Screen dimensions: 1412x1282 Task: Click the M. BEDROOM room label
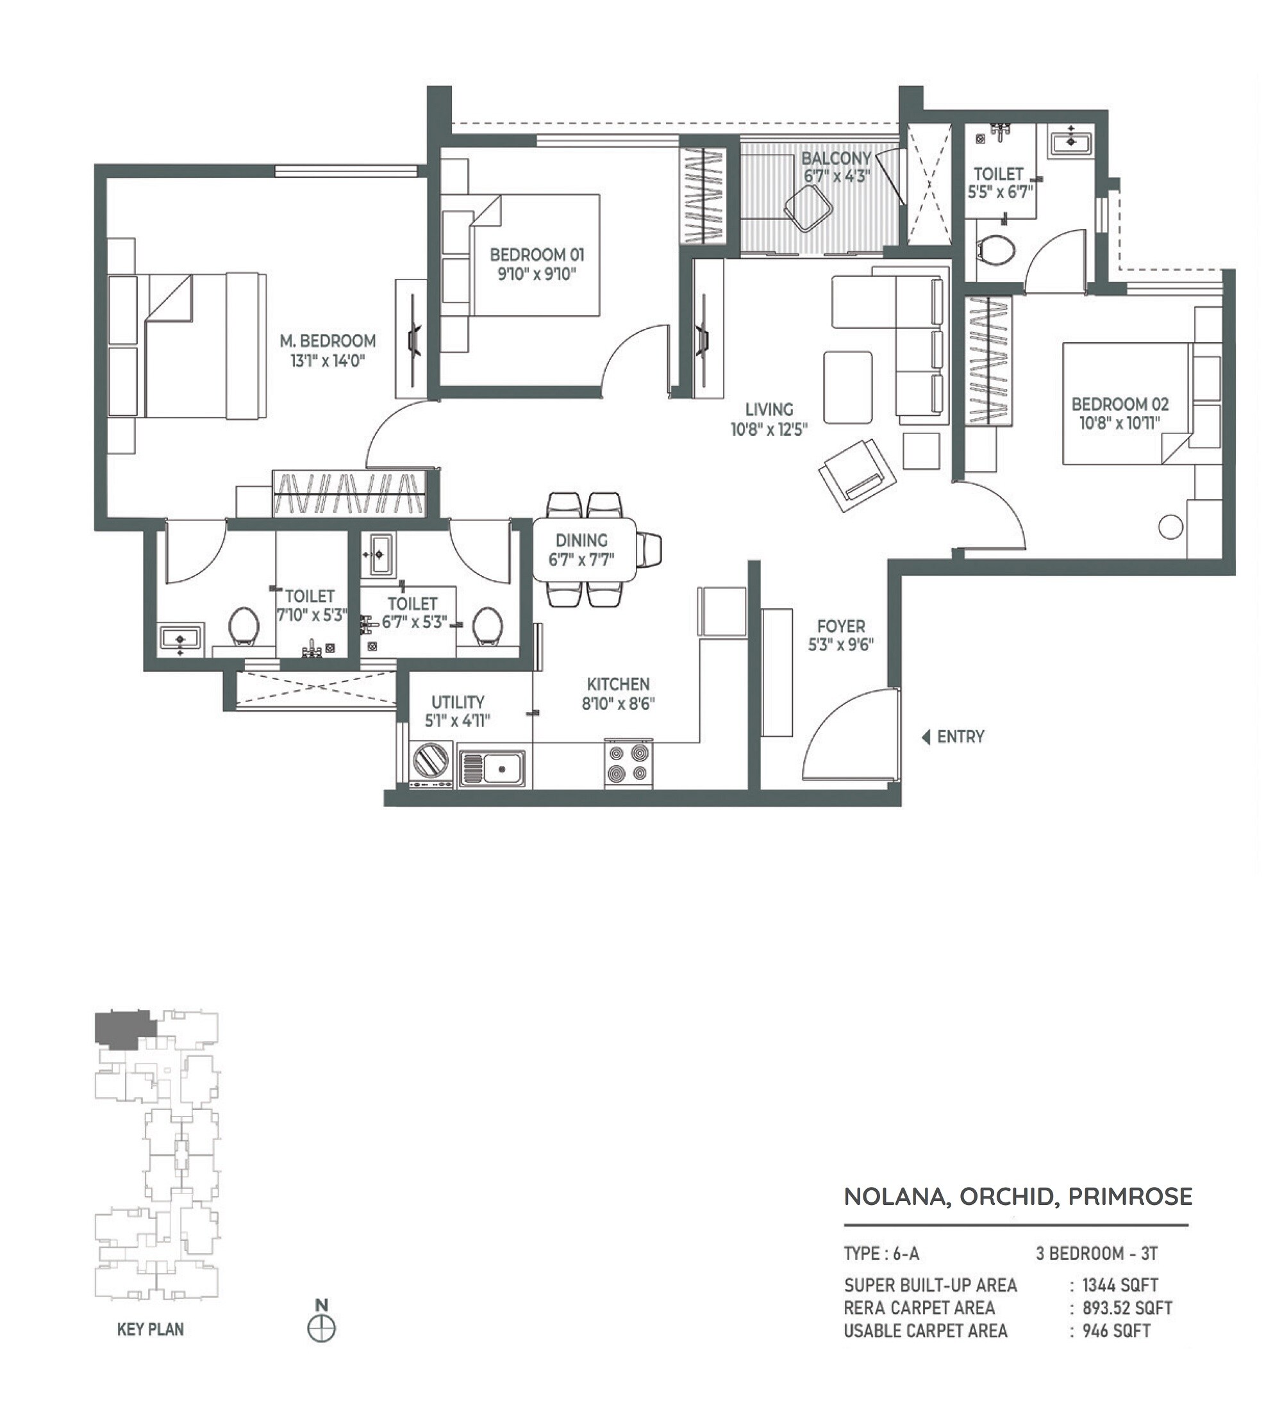(x=328, y=341)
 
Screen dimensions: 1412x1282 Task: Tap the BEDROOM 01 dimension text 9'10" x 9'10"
(x=537, y=274)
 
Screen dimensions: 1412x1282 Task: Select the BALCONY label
(x=836, y=158)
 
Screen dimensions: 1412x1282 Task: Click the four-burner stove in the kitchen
(x=628, y=763)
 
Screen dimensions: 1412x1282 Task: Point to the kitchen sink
(x=492, y=768)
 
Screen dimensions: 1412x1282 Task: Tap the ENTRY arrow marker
(x=926, y=737)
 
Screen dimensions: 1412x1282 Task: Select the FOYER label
(x=840, y=626)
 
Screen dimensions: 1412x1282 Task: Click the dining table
(x=584, y=550)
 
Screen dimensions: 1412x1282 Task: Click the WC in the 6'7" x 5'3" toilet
(x=487, y=626)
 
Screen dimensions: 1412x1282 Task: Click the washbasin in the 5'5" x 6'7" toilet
(x=1070, y=143)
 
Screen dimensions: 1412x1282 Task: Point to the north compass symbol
(x=322, y=1329)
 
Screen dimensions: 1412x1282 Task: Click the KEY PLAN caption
(x=150, y=1329)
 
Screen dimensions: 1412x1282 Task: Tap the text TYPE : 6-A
(x=881, y=1254)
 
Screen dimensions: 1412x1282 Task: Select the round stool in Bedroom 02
(x=1170, y=527)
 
